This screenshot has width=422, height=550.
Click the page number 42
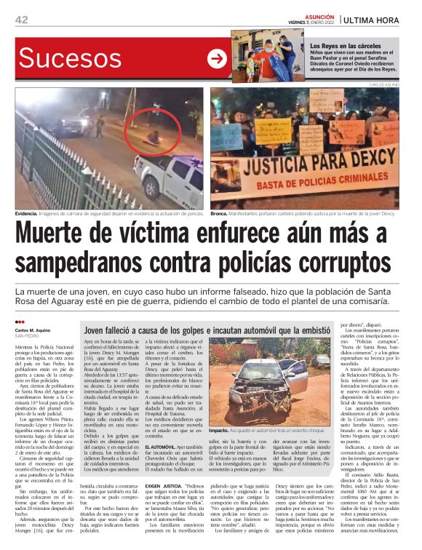[21, 20]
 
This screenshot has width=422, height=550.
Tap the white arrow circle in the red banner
[217, 59]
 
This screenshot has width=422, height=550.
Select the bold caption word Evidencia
[30, 214]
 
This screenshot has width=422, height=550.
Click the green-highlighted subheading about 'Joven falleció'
[207, 330]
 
